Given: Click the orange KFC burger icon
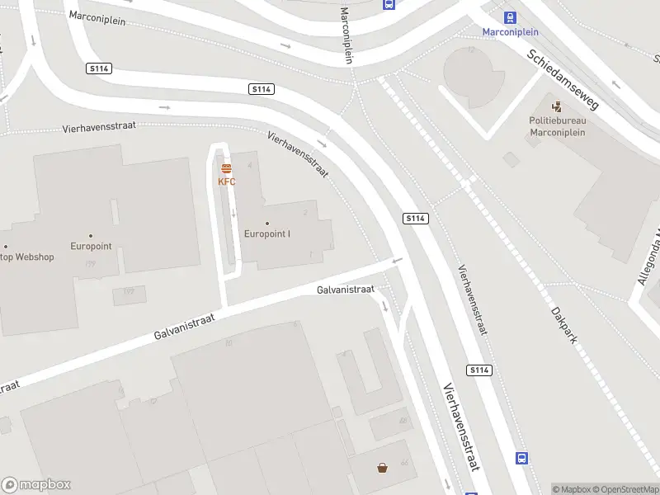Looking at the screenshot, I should tap(226, 169).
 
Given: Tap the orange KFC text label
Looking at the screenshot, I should tap(226, 181).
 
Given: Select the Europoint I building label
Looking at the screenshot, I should tap(266, 233).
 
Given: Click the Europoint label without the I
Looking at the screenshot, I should tap(91, 246).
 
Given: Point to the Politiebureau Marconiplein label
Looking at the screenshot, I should tap(557, 125).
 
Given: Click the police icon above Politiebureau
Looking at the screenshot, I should tap(557, 106).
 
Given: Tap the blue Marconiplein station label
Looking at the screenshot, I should tap(510, 32).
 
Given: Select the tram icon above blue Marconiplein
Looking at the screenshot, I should tap(510, 17).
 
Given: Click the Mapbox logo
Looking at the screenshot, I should tap(36, 485).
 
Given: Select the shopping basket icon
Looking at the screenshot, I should tap(383, 469).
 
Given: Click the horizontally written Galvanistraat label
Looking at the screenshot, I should tap(345, 290).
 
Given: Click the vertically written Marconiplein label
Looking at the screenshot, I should tap(346, 35).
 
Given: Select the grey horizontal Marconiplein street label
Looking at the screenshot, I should tap(97, 18).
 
